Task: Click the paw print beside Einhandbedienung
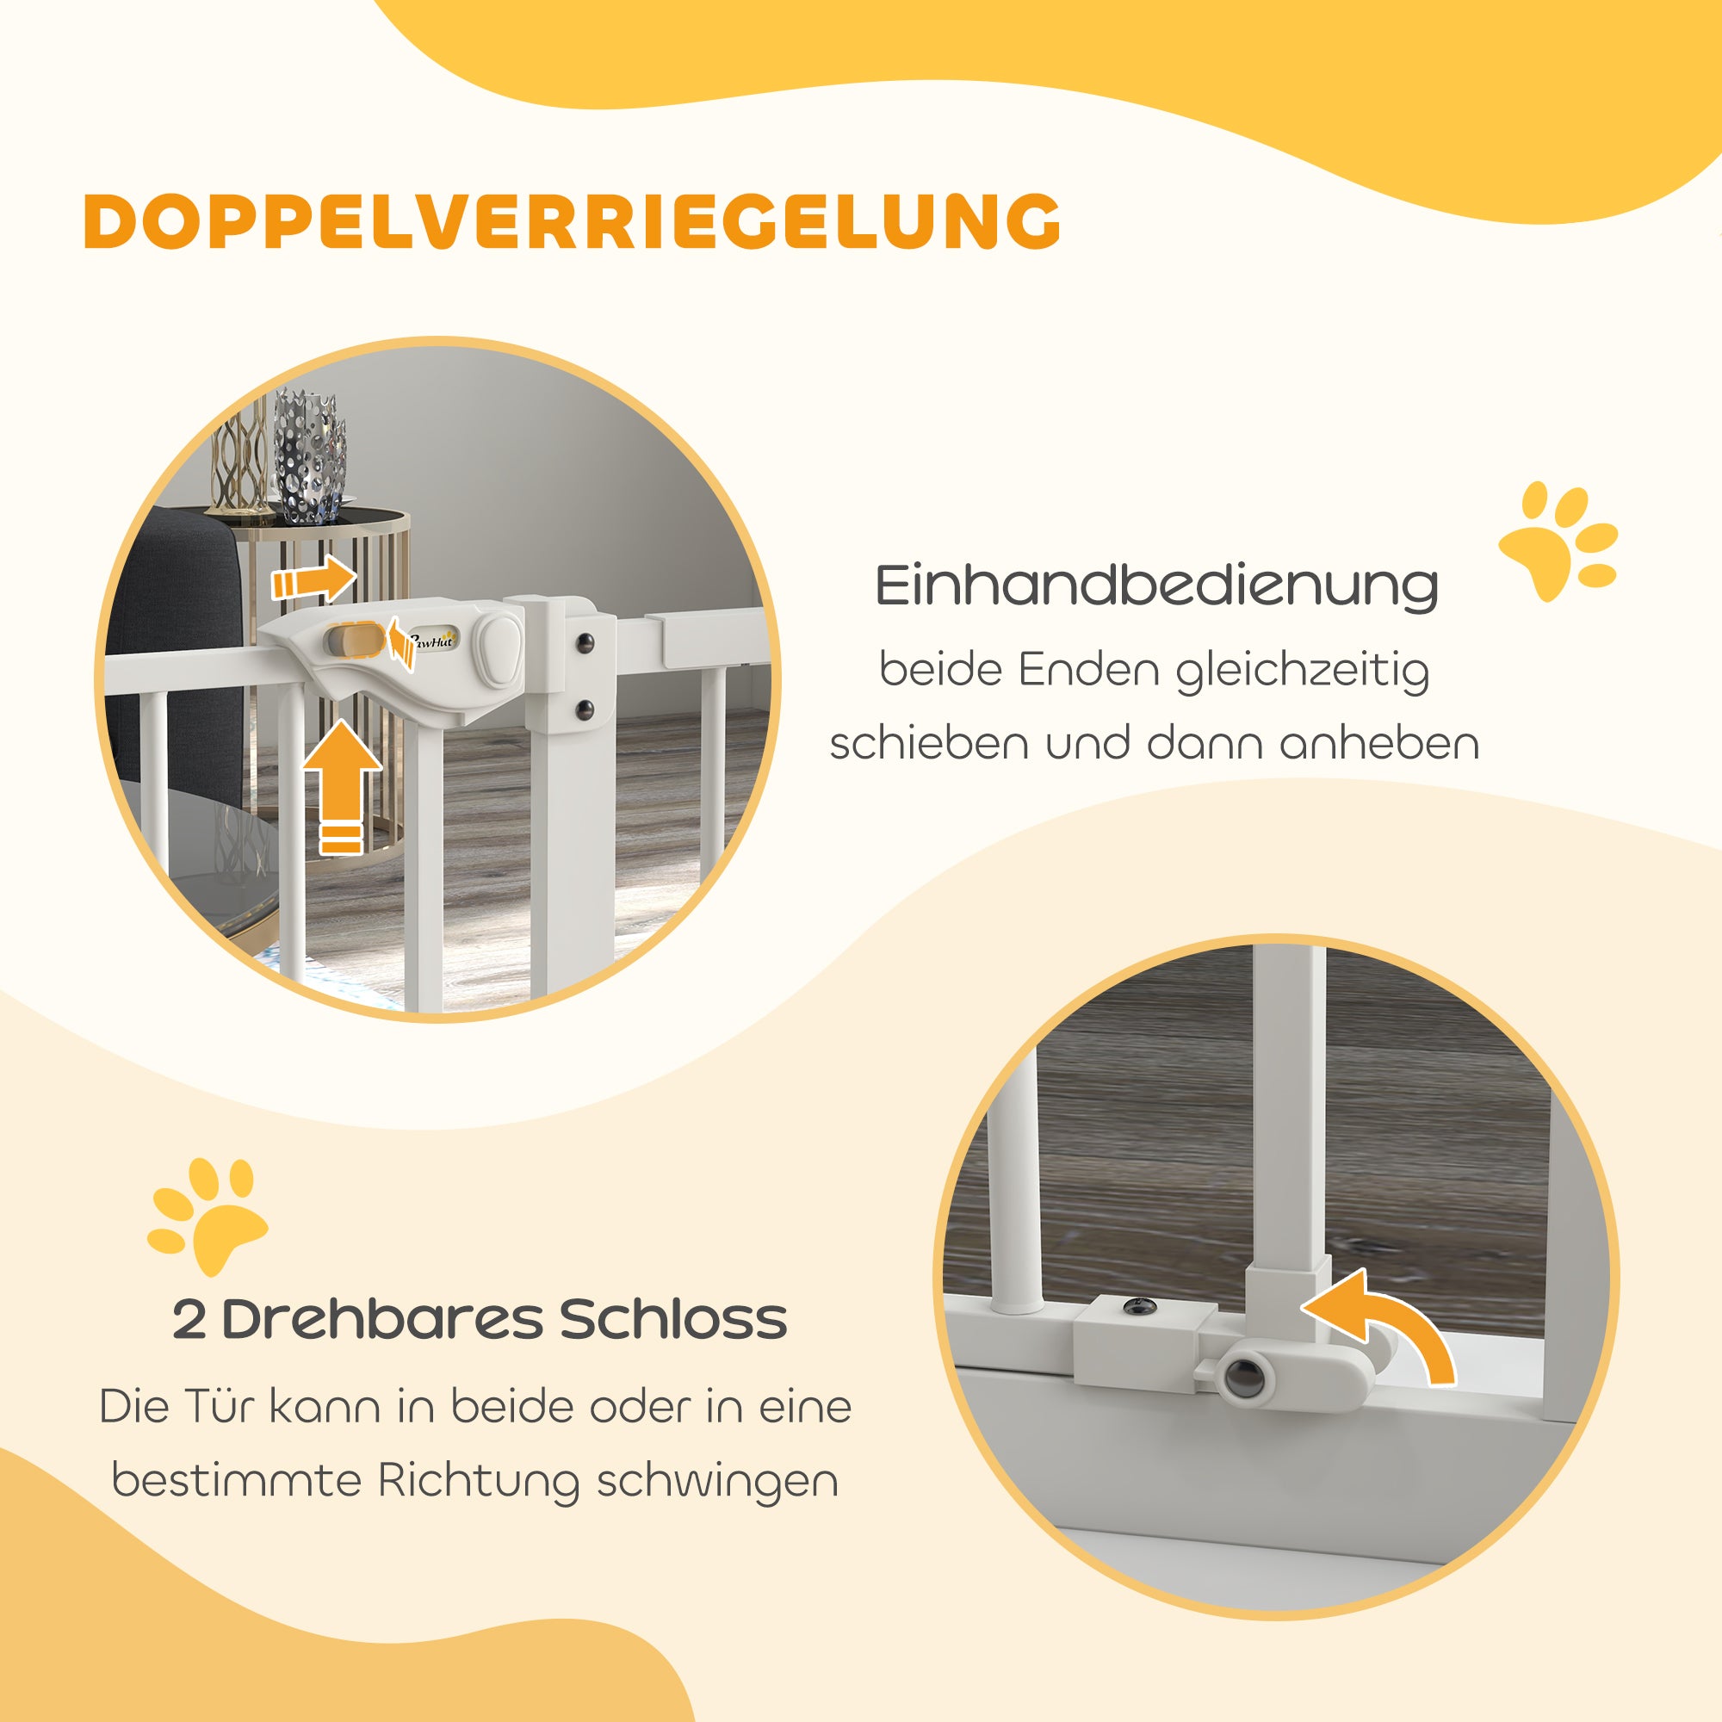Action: pos(1557,537)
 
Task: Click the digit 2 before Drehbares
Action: pos(189,1320)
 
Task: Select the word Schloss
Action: pos(673,1320)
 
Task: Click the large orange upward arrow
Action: pos(343,784)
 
